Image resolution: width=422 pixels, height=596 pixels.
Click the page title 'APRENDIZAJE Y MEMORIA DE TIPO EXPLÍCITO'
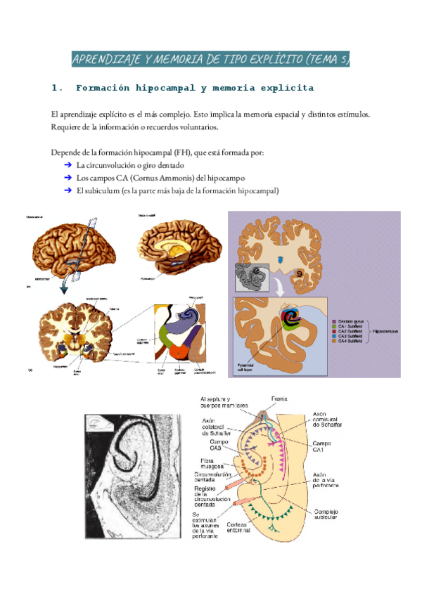[210, 59]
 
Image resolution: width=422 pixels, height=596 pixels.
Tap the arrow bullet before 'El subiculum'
[68, 190]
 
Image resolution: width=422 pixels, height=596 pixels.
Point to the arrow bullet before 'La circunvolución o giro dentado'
[68, 165]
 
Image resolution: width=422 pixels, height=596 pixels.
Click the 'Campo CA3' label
[218, 444]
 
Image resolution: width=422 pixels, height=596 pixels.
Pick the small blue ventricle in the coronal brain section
[282, 259]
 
